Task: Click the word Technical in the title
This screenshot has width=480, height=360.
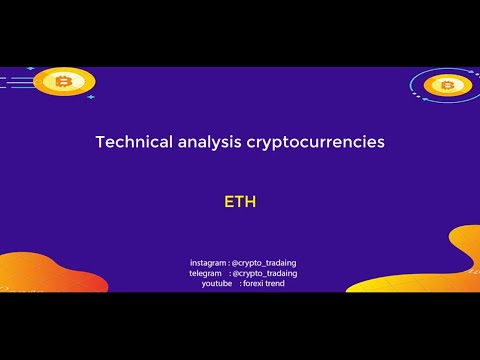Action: coord(132,142)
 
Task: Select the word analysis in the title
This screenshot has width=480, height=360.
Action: coord(208,142)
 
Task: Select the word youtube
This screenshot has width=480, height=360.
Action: coord(217,284)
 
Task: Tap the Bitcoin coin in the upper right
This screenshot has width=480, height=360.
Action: coord(447,85)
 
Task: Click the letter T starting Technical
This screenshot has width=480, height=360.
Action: coord(100,142)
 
